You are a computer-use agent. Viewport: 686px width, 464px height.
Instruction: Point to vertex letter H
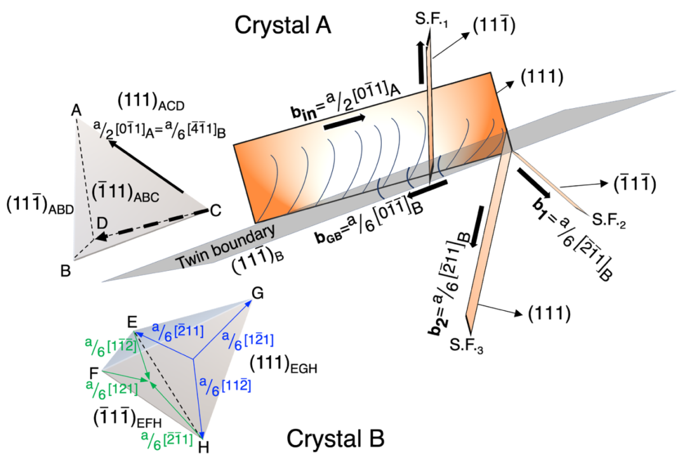[x=203, y=446]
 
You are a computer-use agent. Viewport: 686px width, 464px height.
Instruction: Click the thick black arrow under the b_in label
[x=344, y=123]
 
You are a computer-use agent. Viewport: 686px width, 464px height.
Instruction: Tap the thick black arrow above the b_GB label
[x=427, y=187]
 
